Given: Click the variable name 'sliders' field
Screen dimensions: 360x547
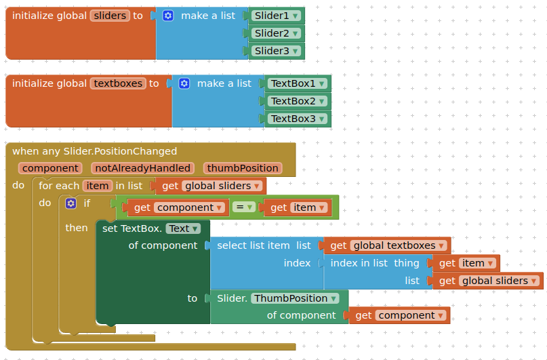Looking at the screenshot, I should pos(110,16).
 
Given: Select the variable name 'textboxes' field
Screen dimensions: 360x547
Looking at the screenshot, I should pos(119,83).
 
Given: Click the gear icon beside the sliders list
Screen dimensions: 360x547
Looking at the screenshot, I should pos(168,16).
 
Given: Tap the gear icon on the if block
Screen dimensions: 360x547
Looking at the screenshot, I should pos(70,203).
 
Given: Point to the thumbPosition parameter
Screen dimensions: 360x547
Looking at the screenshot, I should pos(243,168).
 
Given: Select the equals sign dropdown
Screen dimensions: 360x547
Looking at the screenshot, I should pos(244,207).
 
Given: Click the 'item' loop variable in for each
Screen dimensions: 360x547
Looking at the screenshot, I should pos(97,186).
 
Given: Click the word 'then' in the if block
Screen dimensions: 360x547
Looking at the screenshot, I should pos(77,228).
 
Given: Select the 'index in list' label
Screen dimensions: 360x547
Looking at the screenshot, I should pos(359,263).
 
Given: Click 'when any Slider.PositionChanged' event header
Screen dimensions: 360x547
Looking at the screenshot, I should pos(94,151).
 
